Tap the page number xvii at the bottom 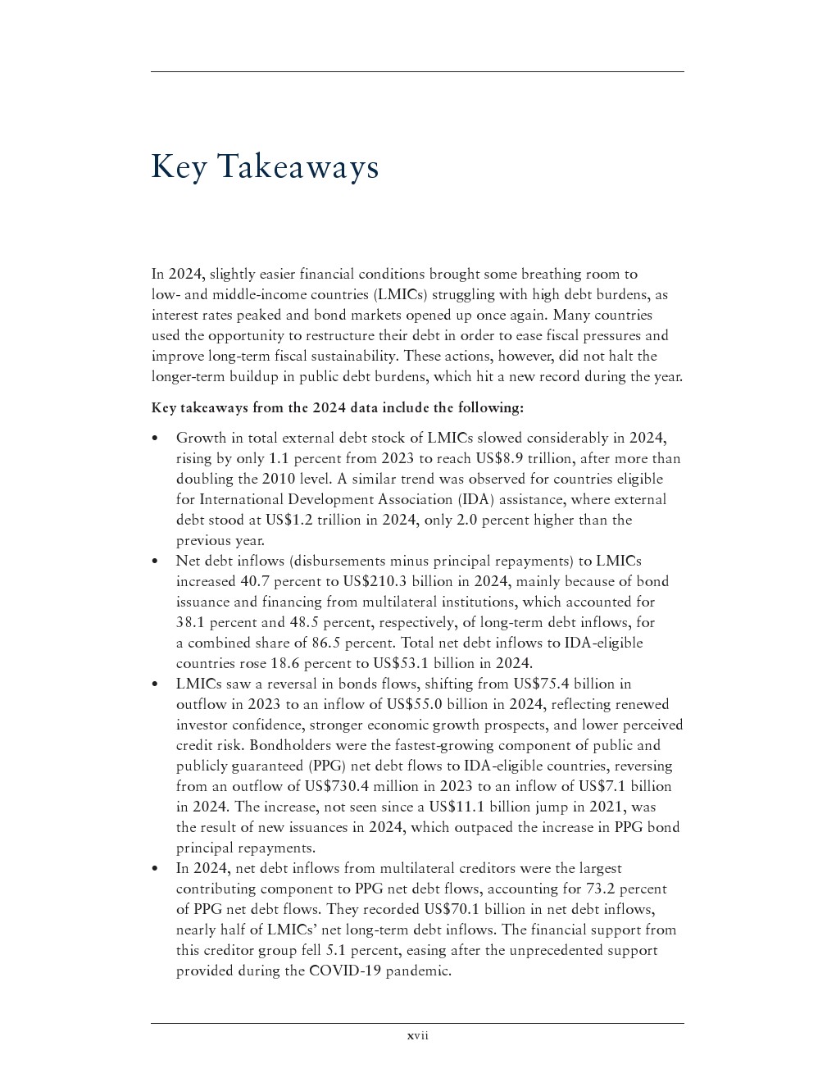pos(418,1036)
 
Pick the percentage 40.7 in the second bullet pos(257,581)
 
